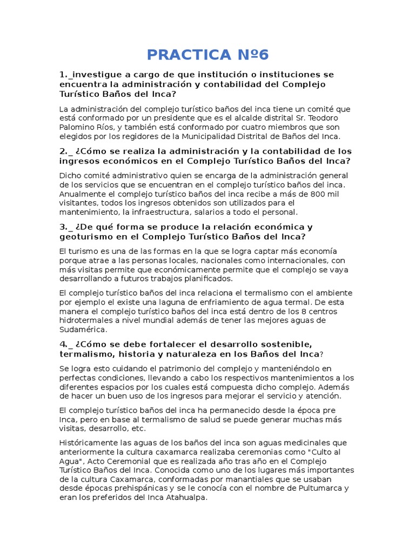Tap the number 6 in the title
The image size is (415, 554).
click(x=263, y=55)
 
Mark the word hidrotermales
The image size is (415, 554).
click(x=85, y=320)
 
